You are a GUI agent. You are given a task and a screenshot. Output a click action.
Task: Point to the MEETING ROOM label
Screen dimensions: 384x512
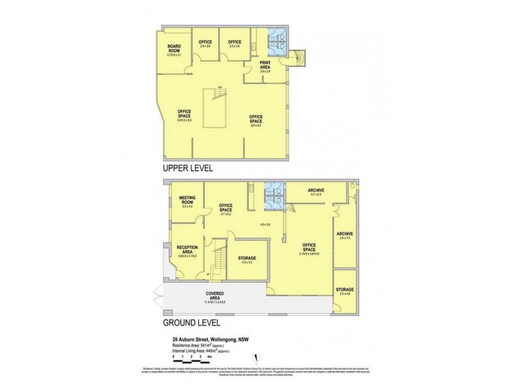(187, 202)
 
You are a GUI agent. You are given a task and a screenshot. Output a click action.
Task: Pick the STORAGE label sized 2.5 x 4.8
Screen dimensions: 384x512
(345, 291)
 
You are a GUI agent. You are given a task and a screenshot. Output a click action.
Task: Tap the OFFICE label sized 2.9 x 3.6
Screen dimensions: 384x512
(205, 44)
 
